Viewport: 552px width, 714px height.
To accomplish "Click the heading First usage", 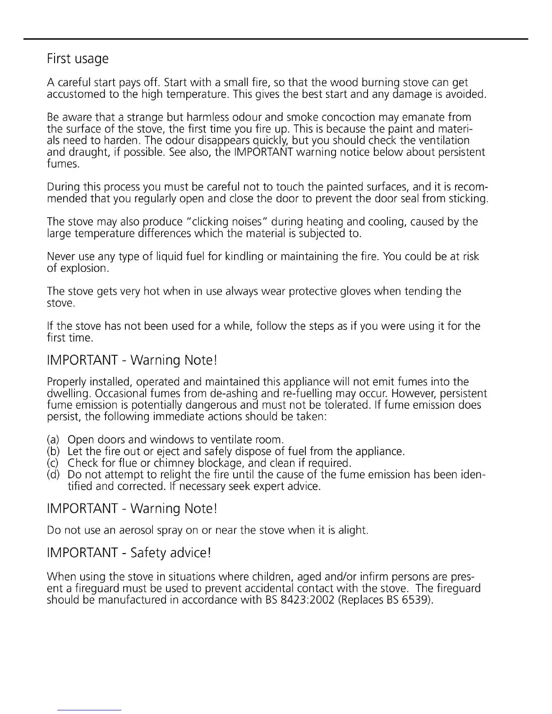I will (x=78, y=59).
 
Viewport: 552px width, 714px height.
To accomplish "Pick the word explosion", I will (x=85, y=269).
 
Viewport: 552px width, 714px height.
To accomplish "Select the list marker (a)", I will (x=53, y=439).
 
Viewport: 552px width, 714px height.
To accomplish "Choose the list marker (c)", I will (x=53, y=463).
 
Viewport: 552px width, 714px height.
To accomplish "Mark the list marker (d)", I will (x=53, y=475).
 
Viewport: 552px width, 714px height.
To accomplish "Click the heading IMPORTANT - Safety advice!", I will (x=129, y=553).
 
